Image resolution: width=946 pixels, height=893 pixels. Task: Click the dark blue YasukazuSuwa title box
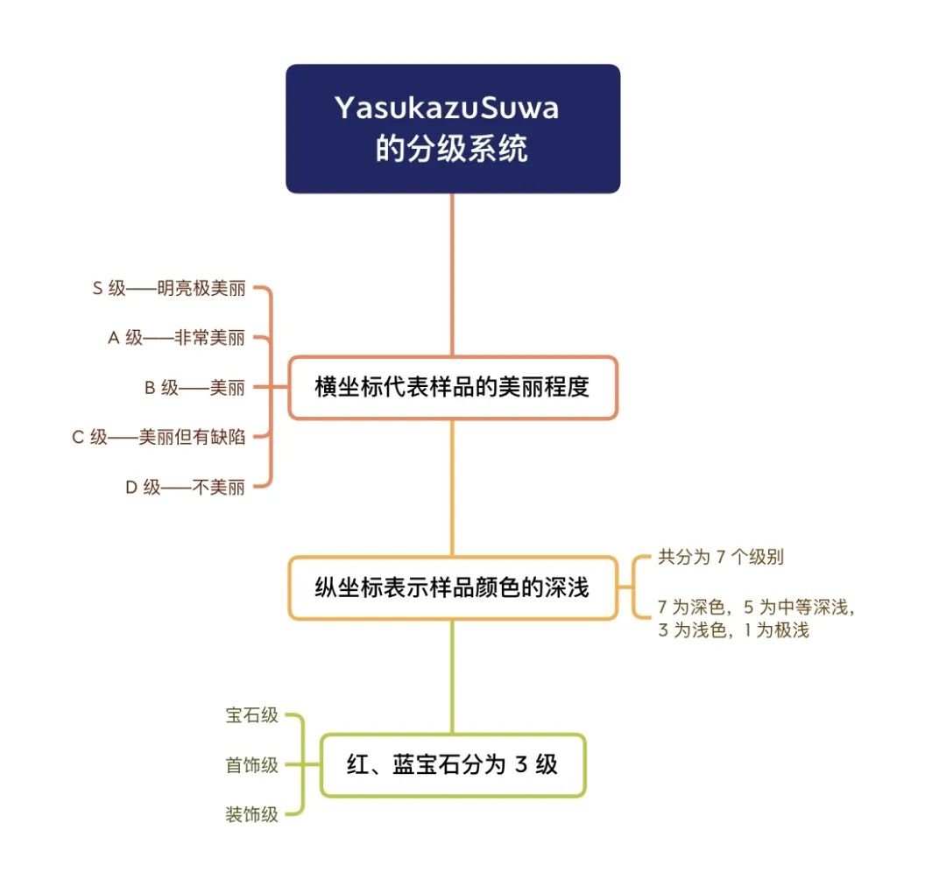point(453,129)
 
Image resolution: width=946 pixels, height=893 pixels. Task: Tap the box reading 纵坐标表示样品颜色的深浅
point(453,588)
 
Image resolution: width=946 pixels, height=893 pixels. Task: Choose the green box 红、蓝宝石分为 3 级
point(453,765)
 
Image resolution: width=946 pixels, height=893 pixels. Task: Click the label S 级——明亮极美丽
point(169,288)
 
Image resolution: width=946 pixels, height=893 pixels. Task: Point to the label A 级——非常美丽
point(176,338)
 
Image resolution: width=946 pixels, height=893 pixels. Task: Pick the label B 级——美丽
point(194,387)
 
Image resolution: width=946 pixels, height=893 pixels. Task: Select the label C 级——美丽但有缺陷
point(159,437)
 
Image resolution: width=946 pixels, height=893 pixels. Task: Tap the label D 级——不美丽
point(185,487)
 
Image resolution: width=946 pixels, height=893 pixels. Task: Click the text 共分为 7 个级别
point(721,557)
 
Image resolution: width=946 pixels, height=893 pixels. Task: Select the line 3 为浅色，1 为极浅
point(734,630)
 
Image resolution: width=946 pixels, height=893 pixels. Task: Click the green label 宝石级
point(251,715)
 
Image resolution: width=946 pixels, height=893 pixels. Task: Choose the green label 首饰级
point(251,765)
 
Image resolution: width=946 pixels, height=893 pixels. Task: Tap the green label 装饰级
point(251,814)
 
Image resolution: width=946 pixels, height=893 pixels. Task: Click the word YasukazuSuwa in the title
point(447,108)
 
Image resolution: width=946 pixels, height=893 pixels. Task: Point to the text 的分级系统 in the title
point(452,148)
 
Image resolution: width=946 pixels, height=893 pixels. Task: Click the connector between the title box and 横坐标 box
point(453,275)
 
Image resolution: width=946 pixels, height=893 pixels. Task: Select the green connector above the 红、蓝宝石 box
point(453,677)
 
